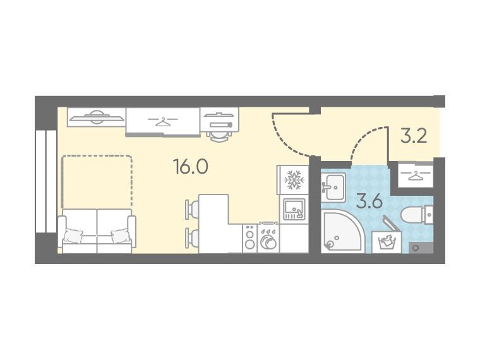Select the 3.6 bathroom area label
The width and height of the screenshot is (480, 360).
pyautogui.click(x=370, y=202)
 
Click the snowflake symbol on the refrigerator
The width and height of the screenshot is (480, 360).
pyautogui.click(x=294, y=180)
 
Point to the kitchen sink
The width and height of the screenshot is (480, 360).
pyautogui.click(x=294, y=210)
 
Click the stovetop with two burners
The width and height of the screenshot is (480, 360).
pyautogui.click(x=250, y=239)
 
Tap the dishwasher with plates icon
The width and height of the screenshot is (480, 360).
pyautogui.click(x=268, y=239)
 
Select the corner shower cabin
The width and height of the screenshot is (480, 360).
pyautogui.click(x=342, y=232)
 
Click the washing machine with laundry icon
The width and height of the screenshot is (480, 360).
pyautogui.click(x=387, y=241)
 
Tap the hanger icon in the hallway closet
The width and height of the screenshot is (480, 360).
pyautogui.click(x=416, y=175)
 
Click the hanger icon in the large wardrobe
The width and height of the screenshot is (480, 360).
pyautogui.click(x=162, y=121)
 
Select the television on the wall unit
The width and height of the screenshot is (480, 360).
pyautogui.click(x=97, y=117)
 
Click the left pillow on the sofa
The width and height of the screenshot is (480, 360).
pyautogui.click(x=73, y=236)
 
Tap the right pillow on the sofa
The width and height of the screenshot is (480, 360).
pyautogui.click(x=120, y=236)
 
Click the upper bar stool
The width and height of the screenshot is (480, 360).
pyautogui.click(x=192, y=210)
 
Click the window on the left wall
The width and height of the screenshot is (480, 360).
pyautogui.click(x=46, y=181)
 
